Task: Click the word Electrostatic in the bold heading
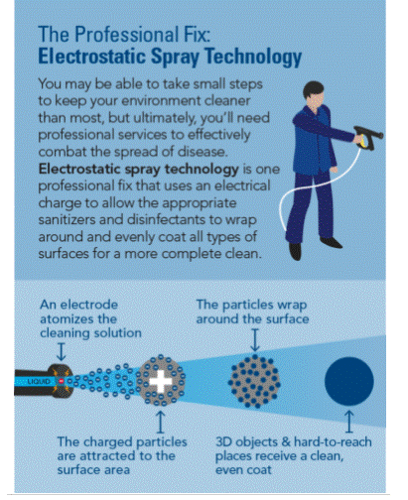coord(91,56)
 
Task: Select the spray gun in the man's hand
coord(369,137)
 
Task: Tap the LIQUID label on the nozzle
coord(39,382)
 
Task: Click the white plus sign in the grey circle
coord(161,382)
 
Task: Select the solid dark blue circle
coord(349,381)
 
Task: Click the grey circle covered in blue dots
coord(254,381)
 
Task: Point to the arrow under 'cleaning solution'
coord(62,351)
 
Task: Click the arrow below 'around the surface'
coord(255,339)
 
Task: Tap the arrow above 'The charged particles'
coord(161,422)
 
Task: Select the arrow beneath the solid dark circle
coord(349,422)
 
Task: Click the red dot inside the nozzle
coord(62,381)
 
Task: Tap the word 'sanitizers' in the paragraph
coord(67,219)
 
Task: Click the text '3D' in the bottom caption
coord(223,441)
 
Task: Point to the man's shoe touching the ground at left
coord(295,251)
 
